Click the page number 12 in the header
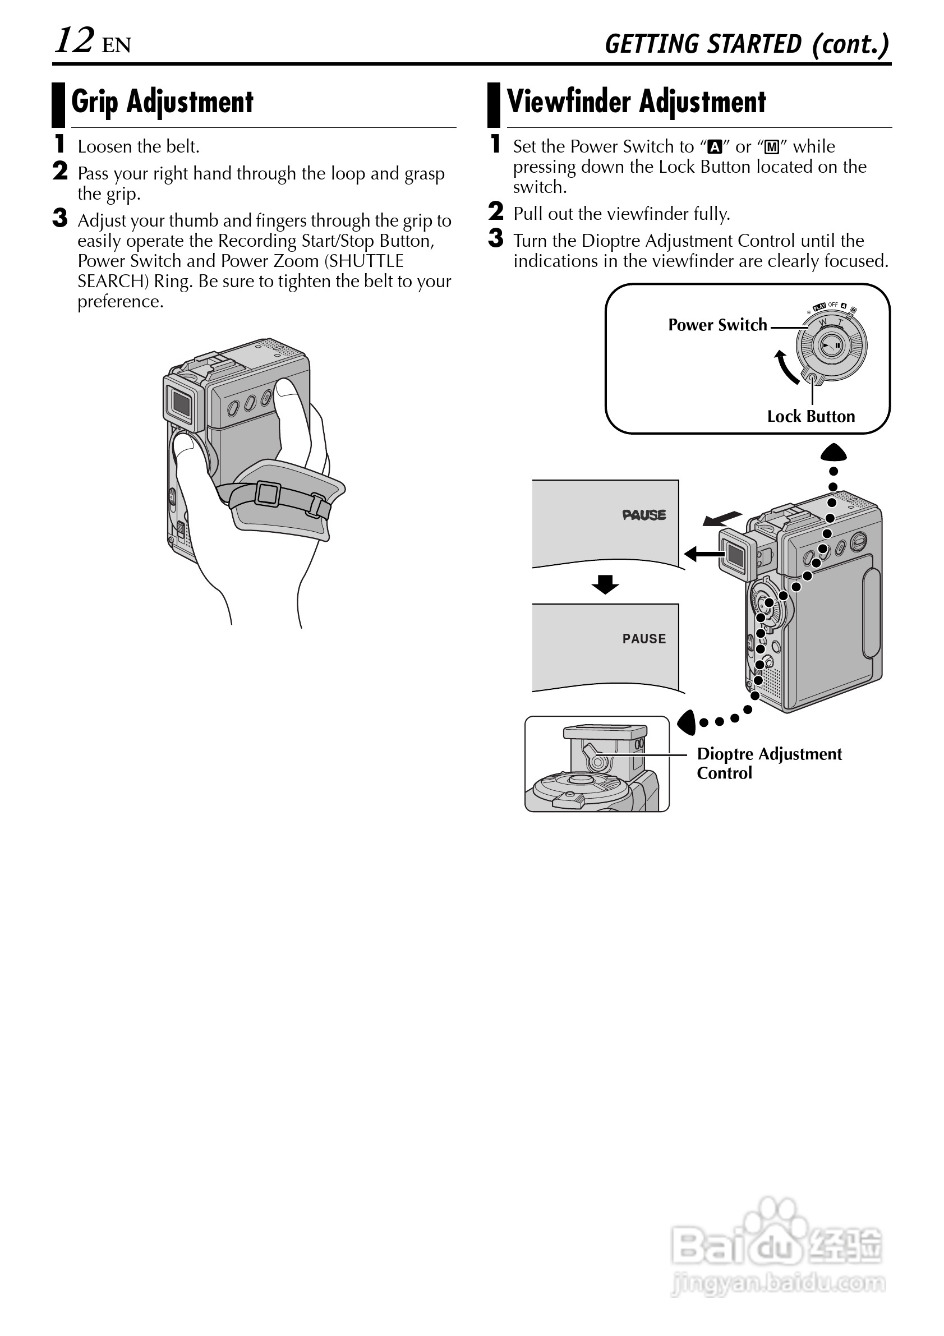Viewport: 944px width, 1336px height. [74, 41]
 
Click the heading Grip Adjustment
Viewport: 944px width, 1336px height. [162, 102]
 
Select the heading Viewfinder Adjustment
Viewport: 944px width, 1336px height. [636, 102]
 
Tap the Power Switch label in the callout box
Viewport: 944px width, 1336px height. [717, 325]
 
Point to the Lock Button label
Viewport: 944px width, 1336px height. [811, 417]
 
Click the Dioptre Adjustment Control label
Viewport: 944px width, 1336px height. [768, 763]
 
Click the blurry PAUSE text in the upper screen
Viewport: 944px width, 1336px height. [644, 515]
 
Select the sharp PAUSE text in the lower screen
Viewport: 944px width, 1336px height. [644, 639]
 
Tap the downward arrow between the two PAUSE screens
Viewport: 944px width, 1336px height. [605, 584]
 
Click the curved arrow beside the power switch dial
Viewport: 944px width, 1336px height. [786, 368]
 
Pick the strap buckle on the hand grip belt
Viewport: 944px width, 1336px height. [268, 494]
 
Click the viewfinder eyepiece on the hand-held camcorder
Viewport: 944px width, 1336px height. [181, 402]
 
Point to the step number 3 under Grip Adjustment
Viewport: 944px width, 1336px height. [60, 218]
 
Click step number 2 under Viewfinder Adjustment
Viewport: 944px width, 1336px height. [495, 211]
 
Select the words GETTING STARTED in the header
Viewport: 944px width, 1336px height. [702, 44]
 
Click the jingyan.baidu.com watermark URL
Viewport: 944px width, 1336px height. [778, 1283]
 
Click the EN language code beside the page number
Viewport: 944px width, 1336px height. [117, 45]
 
